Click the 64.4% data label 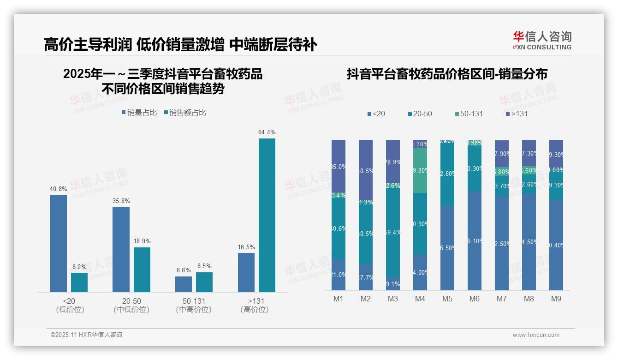pos(267,132)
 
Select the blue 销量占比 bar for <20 pos(59,243)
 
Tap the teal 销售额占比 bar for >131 pos(267,215)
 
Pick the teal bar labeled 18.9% pos(142,270)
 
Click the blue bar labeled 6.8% pos(184,284)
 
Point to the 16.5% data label pos(246,247)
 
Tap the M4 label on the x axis pos(420,299)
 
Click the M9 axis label pos(556,299)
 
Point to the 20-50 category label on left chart pos(131,301)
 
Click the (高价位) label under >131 pos(255,310)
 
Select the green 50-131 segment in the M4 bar pos(420,170)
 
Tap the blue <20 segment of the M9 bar pos(556,245)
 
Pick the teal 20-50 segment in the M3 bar pos(393,232)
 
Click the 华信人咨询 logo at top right pos(542,40)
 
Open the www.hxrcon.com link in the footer pos(536,335)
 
